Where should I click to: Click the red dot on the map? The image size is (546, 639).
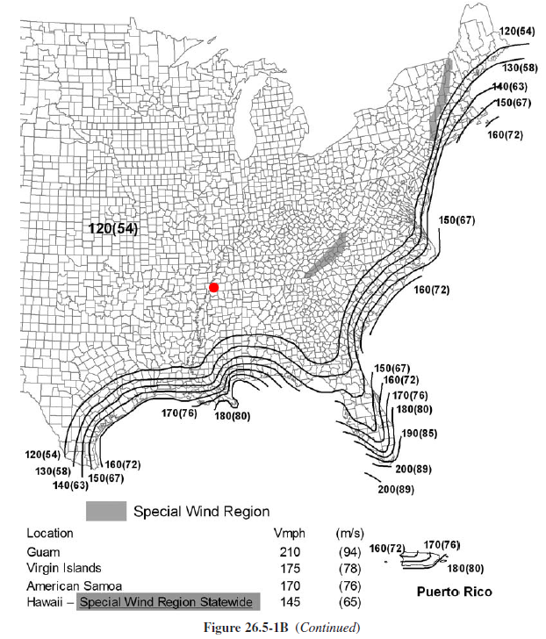(x=213, y=287)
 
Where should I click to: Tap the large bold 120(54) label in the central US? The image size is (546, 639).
(x=113, y=228)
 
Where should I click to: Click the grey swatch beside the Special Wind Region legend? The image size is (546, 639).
(x=104, y=511)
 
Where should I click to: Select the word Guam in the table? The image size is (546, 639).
(x=43, y=552)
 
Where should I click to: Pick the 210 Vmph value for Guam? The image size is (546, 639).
(x=290, y=552)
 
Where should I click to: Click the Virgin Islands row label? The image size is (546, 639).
(x=63, y=569)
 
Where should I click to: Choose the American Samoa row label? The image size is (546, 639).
(x=70, y=585)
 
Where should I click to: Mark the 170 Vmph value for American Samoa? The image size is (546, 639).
(x=290, y=585)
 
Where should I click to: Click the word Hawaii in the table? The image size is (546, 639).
(x=45, y=602)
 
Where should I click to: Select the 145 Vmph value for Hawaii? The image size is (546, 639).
(x=290, y=602)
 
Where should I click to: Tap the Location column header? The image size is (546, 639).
(x=50, y=533)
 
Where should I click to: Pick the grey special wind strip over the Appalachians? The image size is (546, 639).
(x=325, y=255)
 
